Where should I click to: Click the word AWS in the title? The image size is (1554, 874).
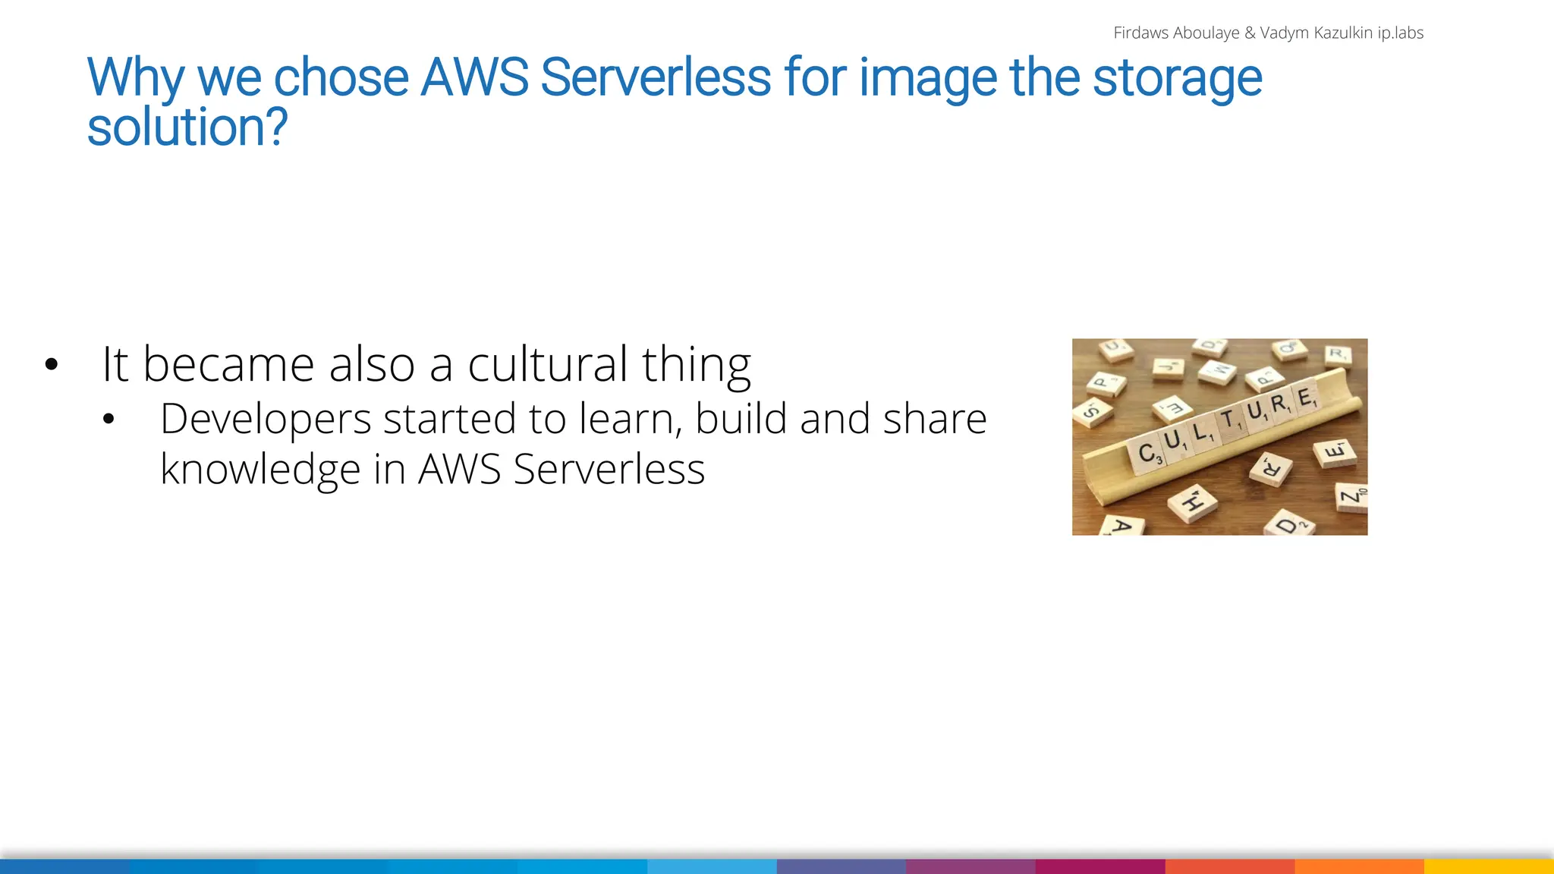point(474,77)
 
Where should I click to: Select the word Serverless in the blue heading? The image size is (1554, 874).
point(656,77)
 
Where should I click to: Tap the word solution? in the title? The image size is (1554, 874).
point(187,127)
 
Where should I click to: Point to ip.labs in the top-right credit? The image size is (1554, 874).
point(1400,33)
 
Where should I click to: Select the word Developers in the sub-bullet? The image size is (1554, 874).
point(266,419)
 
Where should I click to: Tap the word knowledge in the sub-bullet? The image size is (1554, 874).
point(260,469)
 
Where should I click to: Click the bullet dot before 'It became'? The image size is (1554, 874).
point(51,365)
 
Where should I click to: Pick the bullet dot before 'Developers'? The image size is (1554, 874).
point(109,420)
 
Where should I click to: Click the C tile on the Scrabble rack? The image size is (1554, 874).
point(1147,453)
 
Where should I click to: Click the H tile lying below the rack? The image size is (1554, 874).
point(1192,502)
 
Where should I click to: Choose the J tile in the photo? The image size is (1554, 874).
point(1167,366)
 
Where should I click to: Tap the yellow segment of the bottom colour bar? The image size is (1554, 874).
point(1489,866)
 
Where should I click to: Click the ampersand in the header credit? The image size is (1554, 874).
point(1250,33)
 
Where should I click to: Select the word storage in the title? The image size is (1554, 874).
point(1177,77)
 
